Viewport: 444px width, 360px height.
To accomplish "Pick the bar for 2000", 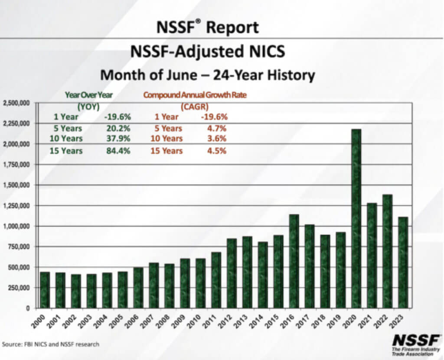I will (x=45, y=290).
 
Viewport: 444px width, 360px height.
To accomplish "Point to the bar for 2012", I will (x=232, y=273).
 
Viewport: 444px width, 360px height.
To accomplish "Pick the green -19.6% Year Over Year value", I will (x=118, y=117).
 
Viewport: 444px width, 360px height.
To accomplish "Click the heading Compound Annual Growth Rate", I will (x=195, y=95).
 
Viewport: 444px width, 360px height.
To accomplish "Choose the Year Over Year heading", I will (x=88, y=95).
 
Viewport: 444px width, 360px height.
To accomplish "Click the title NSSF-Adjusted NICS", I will (x=208, y=52).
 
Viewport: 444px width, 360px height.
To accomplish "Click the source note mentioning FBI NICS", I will (x=51, y=344).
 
